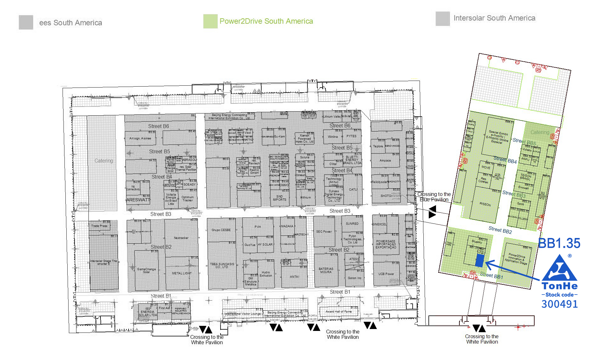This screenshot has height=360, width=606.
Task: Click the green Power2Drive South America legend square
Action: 210,21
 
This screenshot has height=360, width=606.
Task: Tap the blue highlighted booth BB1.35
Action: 479,261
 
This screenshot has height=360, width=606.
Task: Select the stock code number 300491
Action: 560,304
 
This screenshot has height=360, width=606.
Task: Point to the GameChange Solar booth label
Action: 146,271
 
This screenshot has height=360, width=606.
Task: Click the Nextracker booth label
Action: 181,238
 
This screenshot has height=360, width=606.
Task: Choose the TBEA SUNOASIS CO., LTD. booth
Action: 222,265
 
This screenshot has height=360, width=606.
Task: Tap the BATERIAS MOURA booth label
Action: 326,270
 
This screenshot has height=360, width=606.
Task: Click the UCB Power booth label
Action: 386,274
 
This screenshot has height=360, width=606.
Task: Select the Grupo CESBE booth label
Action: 221,230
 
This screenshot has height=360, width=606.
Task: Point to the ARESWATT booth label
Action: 138,200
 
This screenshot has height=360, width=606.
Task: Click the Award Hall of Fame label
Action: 338,312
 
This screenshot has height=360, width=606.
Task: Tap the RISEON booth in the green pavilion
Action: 485,204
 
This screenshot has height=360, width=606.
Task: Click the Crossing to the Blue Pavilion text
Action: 434,197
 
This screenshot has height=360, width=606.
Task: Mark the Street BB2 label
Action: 500,230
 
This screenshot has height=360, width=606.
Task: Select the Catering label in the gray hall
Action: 104,161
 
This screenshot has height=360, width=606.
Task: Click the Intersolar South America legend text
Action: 494,18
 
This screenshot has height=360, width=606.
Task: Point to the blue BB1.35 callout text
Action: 559,243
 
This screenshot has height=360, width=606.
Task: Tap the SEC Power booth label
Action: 324,232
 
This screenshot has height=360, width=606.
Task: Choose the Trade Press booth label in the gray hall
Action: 99,226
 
